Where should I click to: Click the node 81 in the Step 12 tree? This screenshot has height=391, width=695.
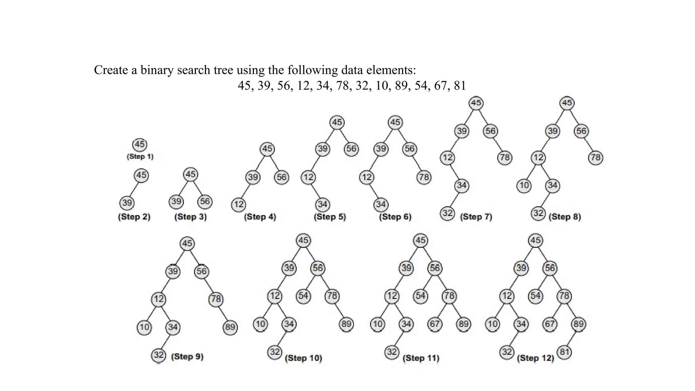(564, 352)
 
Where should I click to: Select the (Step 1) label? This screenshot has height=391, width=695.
(140, 156)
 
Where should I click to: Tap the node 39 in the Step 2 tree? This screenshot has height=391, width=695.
(127, 203)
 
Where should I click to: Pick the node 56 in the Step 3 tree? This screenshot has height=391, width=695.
(205, 202)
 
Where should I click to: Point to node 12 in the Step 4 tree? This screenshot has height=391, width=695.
(239, 204)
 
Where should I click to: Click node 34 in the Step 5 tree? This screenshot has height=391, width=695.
(322, 204)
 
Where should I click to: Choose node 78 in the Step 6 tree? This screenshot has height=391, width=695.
(424, 177)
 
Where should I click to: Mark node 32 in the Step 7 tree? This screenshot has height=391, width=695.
(448, 213)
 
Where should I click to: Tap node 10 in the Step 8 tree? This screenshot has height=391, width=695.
(524, 185)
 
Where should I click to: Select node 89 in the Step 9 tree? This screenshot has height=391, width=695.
(230, 327)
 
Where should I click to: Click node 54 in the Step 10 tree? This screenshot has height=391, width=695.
(303, 296)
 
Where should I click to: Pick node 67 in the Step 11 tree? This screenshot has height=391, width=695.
(435, 324)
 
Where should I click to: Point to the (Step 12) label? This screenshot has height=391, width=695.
(536, 358)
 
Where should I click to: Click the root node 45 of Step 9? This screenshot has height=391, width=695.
(187, 243)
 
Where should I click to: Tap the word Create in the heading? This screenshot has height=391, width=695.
(111, 70)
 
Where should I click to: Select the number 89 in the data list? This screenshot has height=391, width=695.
(401, 86)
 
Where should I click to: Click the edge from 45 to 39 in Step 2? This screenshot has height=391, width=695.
(134, 189)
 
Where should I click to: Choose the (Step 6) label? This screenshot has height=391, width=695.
(395, 217)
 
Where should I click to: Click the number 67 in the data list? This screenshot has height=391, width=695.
(440, 86)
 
